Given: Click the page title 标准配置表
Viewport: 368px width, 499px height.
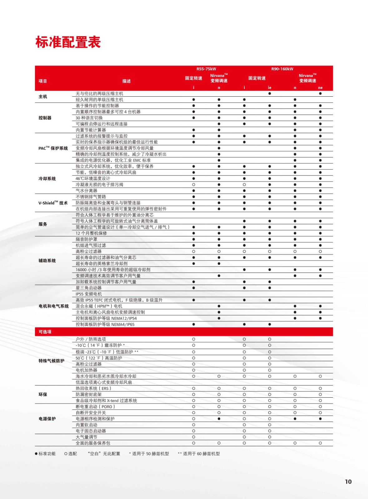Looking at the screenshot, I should [x=68, y=42].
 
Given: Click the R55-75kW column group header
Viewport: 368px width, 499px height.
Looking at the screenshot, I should [x=206, y=69].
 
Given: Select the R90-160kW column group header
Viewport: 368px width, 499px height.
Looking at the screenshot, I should [x=282, y=69].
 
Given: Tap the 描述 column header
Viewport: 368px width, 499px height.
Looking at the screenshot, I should [x=127, y=81].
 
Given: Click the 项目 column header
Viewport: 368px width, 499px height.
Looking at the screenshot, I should [x=43, y=81].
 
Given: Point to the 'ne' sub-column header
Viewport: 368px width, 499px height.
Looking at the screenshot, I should [x=320, y=88].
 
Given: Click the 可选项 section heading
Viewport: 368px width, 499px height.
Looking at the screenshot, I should [x=45, y=332].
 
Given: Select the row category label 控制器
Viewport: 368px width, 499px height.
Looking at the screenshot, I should [x=45, y=118].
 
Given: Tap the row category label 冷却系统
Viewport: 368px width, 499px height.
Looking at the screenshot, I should [x=47, y=179].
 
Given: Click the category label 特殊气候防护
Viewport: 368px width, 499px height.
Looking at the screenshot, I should [x=52, y=361].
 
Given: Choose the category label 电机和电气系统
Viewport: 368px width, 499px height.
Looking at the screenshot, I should [x=54, y=306].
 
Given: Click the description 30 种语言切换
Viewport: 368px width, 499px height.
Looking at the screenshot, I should [x=89, y=118].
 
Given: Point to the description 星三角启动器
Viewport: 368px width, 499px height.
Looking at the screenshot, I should [x=89, y=288].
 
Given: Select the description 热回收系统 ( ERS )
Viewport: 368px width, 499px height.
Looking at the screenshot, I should [x=93, y=389].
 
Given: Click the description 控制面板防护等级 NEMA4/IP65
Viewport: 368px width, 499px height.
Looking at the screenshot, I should [x=105, y=324].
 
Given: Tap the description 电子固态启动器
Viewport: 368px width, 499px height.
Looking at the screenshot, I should [x=91, y=431].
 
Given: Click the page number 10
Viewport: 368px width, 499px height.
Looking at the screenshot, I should [x=348, y=482].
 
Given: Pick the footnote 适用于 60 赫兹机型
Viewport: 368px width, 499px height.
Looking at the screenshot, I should [x=201, y=454].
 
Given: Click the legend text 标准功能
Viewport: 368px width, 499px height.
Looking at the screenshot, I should [x=47, y=454].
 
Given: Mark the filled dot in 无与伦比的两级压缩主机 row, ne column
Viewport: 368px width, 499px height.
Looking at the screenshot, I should [x=320, y=94].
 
